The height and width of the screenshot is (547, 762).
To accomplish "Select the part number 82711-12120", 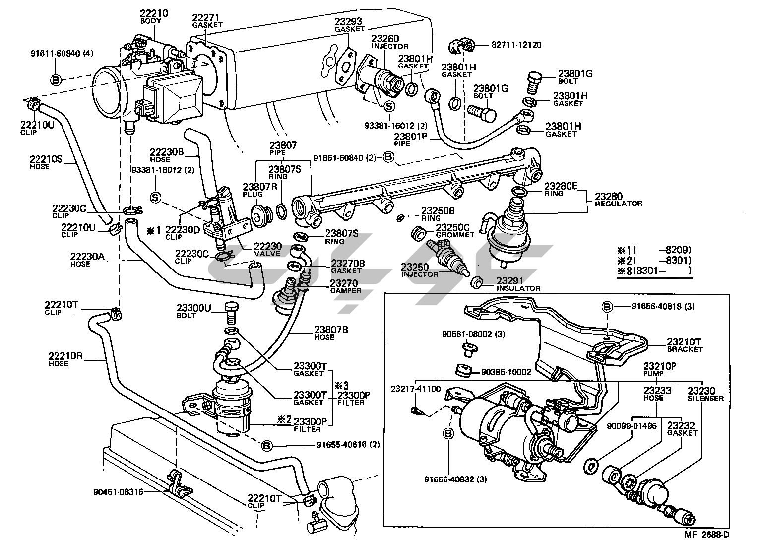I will click(516, 45).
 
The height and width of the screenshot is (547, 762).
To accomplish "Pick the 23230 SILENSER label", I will click(705, 394).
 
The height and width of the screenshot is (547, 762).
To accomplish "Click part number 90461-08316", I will click(118, 492).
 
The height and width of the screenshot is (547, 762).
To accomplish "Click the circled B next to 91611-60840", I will click(56, 79).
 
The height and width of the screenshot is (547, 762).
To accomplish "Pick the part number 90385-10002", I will click(506, 371).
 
